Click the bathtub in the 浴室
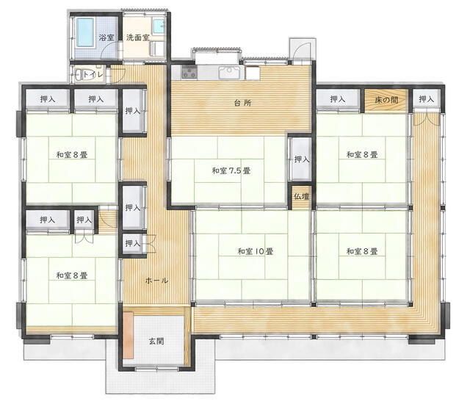(x=86, y=32)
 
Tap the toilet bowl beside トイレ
(x=80, y=75)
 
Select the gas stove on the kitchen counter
(x=189, y=73)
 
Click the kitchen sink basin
(x=230, y=72)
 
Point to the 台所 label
(x=243, y=103)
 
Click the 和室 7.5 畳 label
(x=231, y=171)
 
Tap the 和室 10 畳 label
(x=256, y=251)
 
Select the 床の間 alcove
(x=386, y=100)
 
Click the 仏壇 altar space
(x=301, y=197)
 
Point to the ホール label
(x=156, y=281)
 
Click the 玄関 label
(x=156, y=341)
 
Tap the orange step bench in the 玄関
(x=128, y=335)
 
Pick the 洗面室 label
(x=137, y=37)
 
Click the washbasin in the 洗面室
(x=159, y=26)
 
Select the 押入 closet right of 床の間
(x=426, y=99)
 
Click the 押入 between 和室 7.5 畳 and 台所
(x=302, y=159)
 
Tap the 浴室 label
(x=106, y=37)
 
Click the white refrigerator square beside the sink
(x=253, y=73)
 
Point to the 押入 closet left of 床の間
(x=338, y=99)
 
